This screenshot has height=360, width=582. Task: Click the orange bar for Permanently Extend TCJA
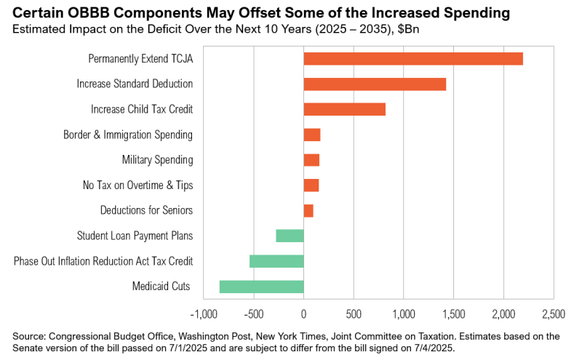tap(412, 59)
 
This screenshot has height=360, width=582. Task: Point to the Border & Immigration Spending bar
tap(311, 135)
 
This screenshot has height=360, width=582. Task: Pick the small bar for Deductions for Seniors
tap(308, 210)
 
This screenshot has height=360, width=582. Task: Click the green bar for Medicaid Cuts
tap(261, 287)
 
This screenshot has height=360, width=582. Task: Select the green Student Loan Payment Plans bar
tap(290, 236)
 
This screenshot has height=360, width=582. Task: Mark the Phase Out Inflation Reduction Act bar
tap(276, 261)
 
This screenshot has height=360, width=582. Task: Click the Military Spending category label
tap(157, 160)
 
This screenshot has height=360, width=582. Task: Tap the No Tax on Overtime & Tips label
tap(138, 185)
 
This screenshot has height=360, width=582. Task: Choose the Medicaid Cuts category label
tap(161, 287)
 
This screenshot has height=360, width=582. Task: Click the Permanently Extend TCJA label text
tap(140, 59)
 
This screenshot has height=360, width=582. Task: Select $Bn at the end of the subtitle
tap(410, 29)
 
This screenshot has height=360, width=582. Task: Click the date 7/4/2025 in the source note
tap(431, 348)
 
